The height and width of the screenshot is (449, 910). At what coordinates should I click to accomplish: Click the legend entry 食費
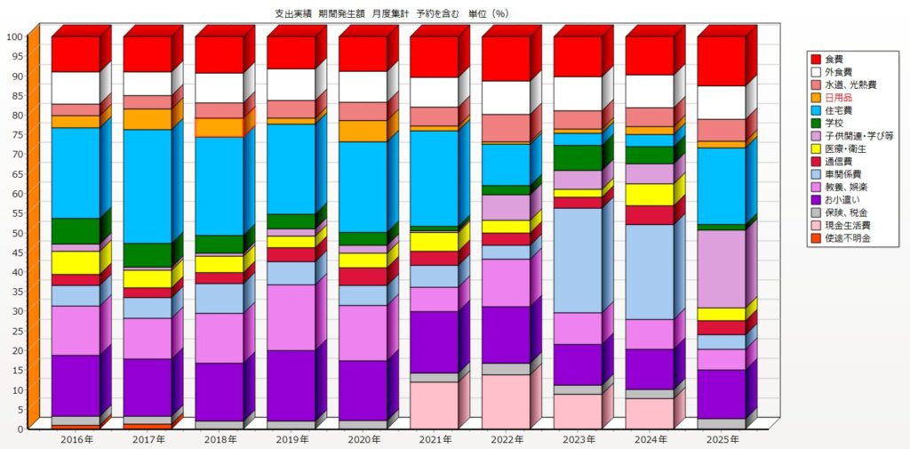[836, 59]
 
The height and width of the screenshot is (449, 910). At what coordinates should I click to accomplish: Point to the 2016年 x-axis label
[76, 439]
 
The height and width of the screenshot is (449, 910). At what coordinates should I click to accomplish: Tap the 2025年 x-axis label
[721, 439]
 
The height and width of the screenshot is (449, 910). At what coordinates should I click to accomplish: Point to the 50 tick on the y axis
[17, 233]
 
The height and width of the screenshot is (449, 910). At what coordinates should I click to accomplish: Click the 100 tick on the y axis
[14, 36]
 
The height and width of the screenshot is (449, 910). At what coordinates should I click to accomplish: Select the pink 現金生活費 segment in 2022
[506, 401]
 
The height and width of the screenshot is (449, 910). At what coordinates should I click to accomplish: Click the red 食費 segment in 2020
[362, 53]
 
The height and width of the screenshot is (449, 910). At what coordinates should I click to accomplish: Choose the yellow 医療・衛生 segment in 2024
[649, 194]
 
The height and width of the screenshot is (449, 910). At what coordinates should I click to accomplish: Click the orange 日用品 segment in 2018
[219, 127]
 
